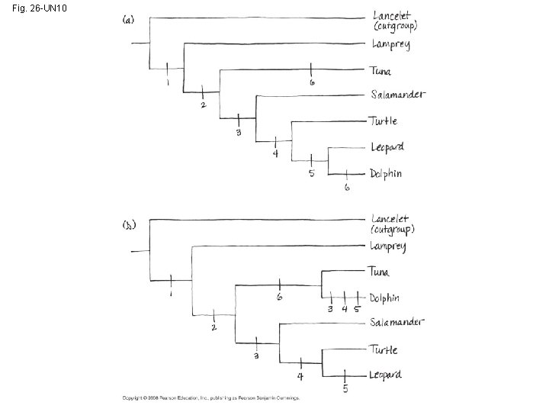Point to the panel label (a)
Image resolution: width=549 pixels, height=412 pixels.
click(130, 20)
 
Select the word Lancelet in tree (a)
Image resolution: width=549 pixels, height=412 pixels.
click(390, 14)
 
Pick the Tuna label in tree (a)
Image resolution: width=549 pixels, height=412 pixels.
click(381, 71)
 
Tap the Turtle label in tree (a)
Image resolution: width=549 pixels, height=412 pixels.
click(384, 121)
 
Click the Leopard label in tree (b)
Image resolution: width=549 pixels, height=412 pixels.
click(386, 375)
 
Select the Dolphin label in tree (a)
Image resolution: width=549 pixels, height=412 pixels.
click(386, 173)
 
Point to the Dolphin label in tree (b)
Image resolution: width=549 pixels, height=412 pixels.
click(385, 298)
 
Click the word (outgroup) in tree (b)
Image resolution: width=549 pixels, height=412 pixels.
click(393, 229)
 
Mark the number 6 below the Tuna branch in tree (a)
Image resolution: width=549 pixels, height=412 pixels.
click(312, 82)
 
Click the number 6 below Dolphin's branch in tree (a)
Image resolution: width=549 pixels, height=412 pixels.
click(347, 188)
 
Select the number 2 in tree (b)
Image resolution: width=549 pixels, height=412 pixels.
click(214, 328)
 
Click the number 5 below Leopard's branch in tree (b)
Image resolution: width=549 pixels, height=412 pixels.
click(346, 390)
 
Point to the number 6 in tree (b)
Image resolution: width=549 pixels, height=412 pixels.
click(280, 298)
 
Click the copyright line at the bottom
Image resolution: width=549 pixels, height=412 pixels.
click(211, 398)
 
